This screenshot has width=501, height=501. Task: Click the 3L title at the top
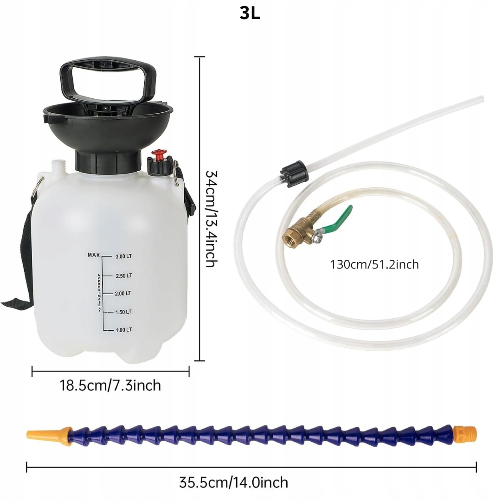[x=250, y=13]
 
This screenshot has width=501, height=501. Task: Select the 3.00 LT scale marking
[x=124, y=256]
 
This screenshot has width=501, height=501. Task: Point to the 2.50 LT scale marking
[x=124, y=276]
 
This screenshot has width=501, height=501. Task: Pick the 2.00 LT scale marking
[x=123, y=294]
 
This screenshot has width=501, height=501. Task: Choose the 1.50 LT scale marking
[x=123, y=312]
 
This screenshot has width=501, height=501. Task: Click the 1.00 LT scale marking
[x=123, y=330]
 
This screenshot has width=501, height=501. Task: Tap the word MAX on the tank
[x=94, y=255]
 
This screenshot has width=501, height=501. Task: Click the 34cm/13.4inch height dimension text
[x=211, y=218]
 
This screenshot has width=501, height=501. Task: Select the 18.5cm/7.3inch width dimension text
[x=110, y=385]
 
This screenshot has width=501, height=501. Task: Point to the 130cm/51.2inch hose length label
[x=374, y=264]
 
